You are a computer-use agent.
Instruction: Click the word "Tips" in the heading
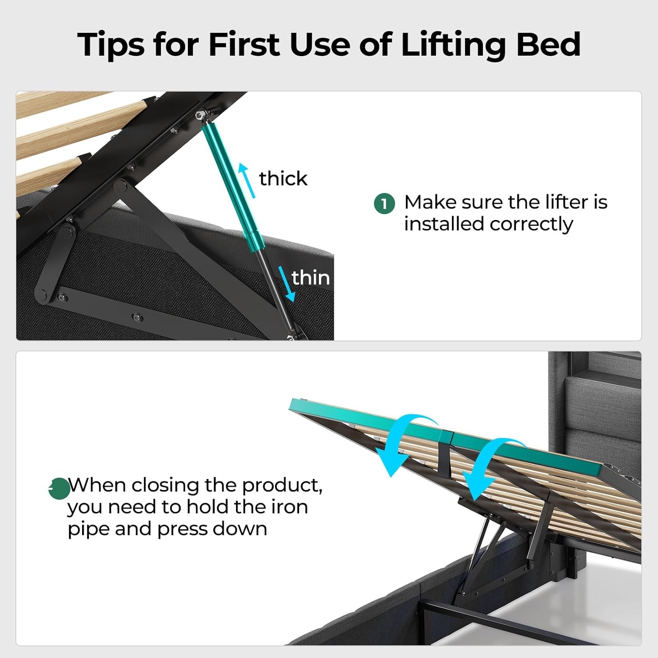111,45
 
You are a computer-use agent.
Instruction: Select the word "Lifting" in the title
454,45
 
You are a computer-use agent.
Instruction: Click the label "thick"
283,179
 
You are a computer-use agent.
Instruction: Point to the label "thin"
311,278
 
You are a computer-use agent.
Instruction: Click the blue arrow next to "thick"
247,180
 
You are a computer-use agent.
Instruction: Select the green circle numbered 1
385,204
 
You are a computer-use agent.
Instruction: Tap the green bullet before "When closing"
59,488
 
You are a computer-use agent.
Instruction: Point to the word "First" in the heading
243,44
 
